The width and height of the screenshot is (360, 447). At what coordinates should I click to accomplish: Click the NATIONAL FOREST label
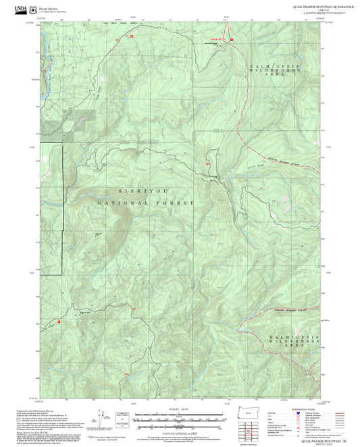[x=146, y=203]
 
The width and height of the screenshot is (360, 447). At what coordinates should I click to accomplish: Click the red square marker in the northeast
[x=232, y=40]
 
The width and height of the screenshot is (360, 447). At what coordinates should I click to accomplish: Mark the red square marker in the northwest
[x=132, y=35]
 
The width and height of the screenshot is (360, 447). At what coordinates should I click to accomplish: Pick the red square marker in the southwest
[x=59, y=322]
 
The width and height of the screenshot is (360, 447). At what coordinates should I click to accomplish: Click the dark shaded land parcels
[x=80, y=120]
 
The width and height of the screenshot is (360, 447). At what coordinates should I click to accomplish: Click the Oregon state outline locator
[x=249, y=411]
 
